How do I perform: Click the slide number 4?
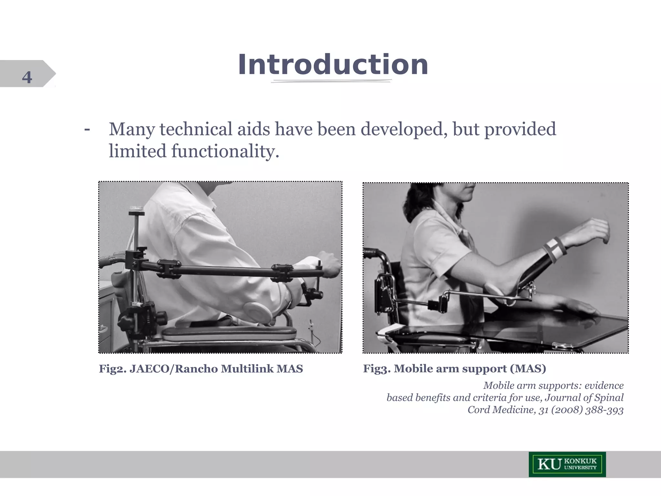click(x=27, y=77)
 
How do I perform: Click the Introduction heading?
click(x=333, y=65)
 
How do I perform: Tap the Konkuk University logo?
click(x=567, y=464)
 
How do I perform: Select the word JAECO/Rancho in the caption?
click(x=174, y=369)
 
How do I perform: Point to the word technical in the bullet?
click(x=196, y=129)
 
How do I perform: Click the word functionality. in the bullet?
click(x=225, y=151)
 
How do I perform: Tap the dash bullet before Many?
click(x=87, y=129)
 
